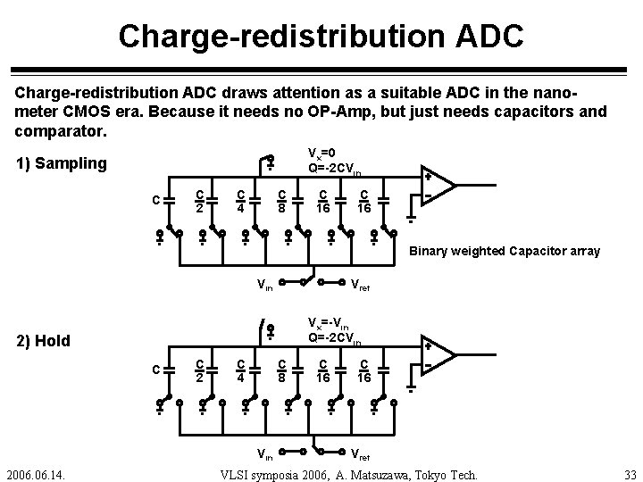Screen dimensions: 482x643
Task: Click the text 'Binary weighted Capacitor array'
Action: pos(505,252)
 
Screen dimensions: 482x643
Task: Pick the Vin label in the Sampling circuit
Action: pos(265,286)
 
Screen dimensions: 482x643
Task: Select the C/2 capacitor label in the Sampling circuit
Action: pos(201,201)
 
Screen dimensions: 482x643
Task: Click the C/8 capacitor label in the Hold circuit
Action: pos(281,370)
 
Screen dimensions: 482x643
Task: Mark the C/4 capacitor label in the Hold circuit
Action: pos(241,370)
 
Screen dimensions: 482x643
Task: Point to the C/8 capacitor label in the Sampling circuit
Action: pos(281,201)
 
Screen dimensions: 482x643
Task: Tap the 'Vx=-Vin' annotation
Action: pos(330,322)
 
